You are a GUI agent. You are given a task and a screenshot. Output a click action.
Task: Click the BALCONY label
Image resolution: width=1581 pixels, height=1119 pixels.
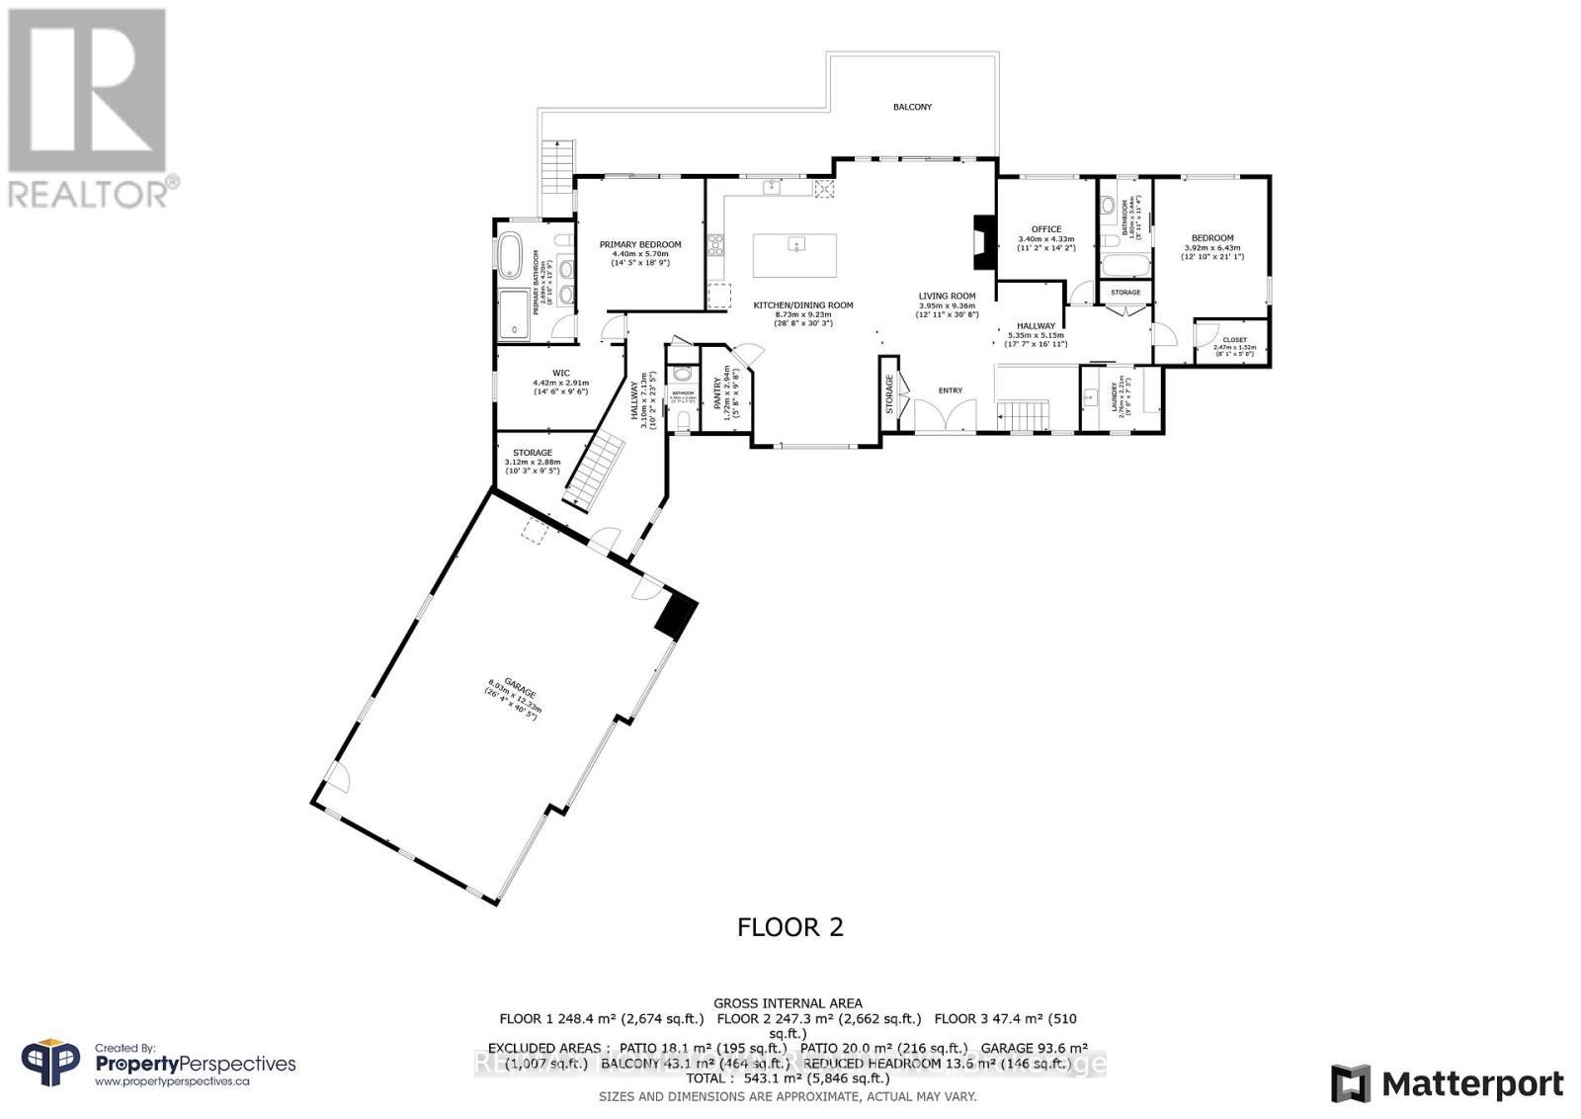(x=912, y=107)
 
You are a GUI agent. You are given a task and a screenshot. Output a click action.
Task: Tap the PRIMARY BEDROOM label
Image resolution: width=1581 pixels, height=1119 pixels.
(x=640, y=244)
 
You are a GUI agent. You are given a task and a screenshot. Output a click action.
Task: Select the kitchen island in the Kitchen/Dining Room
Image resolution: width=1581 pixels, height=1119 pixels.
(x=794, y=255)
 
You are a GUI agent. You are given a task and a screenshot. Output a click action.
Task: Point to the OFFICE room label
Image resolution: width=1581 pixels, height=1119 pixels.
(x=1045, y=229)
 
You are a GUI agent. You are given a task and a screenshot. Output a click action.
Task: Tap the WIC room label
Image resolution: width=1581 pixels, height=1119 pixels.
(x=561, y=373)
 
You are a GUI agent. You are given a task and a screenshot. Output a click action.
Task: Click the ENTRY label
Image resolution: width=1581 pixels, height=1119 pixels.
(x=950, y=390)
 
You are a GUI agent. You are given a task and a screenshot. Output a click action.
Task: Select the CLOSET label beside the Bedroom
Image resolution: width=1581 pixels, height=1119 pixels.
(x=1234, y=340)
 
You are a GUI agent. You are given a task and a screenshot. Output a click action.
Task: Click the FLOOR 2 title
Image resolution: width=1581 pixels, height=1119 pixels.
(x=790, y=926)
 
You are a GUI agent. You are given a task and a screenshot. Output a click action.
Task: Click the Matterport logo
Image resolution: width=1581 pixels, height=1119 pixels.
(x=1447, y=1083)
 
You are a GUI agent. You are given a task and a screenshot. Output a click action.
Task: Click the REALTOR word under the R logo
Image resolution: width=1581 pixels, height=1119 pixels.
(x=89, y=194)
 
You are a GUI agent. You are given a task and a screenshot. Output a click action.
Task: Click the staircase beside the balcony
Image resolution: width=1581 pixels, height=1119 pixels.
(x=556, y=167)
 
